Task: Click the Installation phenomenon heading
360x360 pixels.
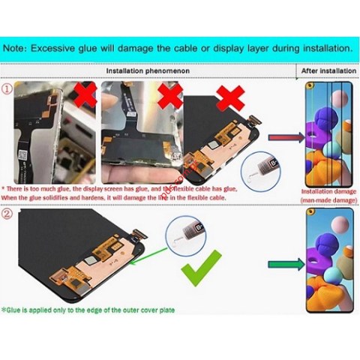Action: pos(147,70)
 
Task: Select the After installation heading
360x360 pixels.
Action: pos(328,70)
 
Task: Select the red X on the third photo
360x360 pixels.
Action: pos(226,97)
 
